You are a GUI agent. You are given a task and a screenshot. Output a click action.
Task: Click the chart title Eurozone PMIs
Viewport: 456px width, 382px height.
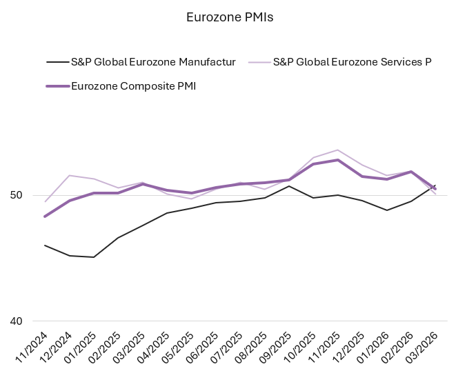point(230,17)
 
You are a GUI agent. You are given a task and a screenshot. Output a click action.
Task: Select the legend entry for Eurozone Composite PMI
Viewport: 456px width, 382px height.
point(133,86)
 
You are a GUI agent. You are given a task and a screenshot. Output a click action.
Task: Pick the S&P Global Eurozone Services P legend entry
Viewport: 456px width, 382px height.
point(352,62)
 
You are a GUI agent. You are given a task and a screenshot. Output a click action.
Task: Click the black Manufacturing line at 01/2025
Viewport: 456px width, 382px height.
point(94,257)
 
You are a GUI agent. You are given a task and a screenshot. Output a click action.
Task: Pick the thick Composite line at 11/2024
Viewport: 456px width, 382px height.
point(45,217)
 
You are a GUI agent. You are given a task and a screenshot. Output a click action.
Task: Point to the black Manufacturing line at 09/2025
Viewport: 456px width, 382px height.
point(289,186)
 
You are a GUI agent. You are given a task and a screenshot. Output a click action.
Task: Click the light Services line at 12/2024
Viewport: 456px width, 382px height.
point(70,175)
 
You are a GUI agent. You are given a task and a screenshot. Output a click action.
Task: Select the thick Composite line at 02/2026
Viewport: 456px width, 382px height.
point(411,172)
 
